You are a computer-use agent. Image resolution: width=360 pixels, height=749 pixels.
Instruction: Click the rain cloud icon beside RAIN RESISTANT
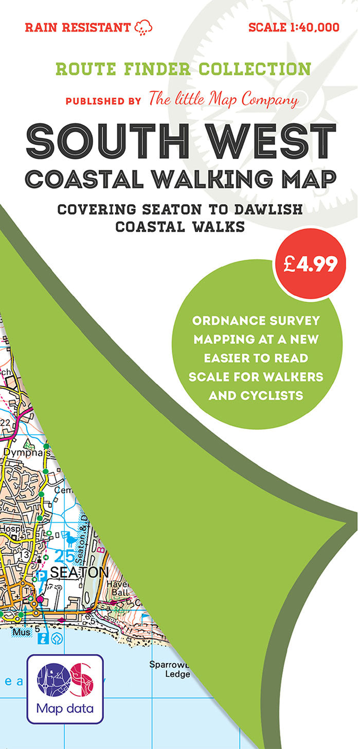click(x=143, y=27)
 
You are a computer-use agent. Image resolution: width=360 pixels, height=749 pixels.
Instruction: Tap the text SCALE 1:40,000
click(x=294, y=27)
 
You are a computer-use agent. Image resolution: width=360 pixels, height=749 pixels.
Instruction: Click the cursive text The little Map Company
click(x=223, y=99)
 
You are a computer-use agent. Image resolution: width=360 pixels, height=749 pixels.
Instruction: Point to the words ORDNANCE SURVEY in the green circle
click(x=256, y=321)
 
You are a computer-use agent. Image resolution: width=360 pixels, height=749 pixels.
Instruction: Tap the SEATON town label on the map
click(x=80, y=573)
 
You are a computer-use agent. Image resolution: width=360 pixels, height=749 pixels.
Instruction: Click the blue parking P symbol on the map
click(x=43, y=576)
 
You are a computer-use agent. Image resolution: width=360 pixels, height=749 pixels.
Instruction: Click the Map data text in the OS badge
click(x=65, y=708)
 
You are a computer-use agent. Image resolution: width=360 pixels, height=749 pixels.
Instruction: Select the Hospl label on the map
click(x=9, y=529)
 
